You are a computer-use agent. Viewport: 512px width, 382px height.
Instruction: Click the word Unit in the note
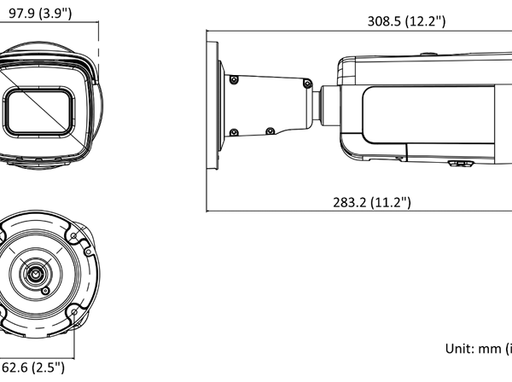pyautogui.click(x=458, y=348)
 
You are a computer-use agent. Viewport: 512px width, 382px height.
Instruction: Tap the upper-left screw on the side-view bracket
pyautogui.click(x=232, y=80)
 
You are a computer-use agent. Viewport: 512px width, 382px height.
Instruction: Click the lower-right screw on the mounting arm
pyautogui.click(x=271, y=130)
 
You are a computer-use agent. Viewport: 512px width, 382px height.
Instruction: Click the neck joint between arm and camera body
pyautogui.click(x=326, y=106)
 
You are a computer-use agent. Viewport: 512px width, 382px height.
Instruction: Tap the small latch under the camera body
pyautogui.click(x=461, y=163)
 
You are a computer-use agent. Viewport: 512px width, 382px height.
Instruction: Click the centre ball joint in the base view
pyautogui.click(x=35, y=275)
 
